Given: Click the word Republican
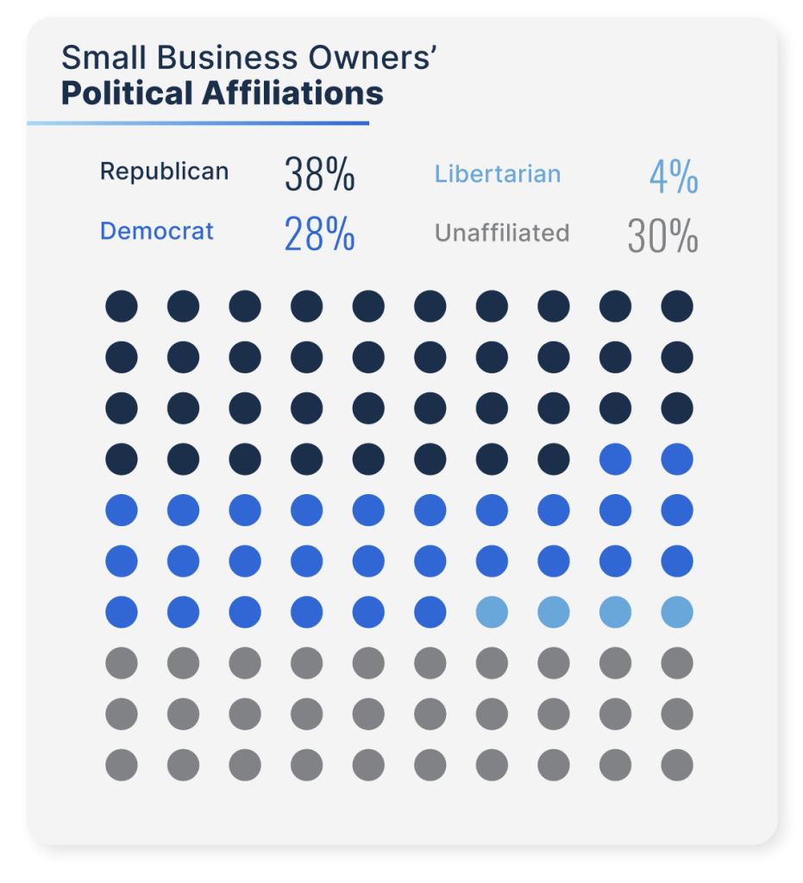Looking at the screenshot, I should coord(164,172).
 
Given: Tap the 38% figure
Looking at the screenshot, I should coord(319,175).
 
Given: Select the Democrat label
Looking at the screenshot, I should coord(157,231).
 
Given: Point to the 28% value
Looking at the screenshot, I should coord(319,235).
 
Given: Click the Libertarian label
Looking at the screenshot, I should coord(498,174).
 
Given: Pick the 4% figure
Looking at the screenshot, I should coord(674,177).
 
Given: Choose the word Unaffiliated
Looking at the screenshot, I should coord(502,233).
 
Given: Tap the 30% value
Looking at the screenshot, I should coord(662,236).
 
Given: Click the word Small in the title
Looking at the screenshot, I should coord(92,58).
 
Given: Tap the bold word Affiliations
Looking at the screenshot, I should coord(292,93).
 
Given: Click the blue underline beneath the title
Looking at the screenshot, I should coord(198,123).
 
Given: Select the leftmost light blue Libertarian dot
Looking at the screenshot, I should coord(492,612).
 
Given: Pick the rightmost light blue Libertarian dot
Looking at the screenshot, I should coord(677,612).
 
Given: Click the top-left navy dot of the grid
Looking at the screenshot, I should coord(122,306).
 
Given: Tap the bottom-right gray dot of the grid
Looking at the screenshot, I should coord(677,765).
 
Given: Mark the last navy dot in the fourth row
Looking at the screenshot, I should coord(554,460).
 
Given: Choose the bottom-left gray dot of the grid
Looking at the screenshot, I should coord(122,765).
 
